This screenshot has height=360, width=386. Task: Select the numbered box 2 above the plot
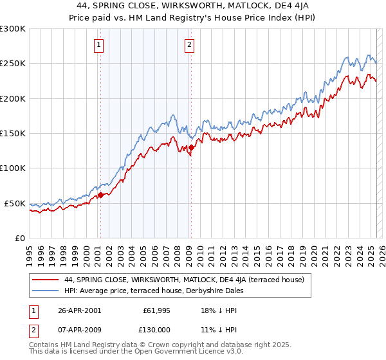click(x=190, y=45)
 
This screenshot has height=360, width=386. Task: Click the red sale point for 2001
click(x=100, y=194)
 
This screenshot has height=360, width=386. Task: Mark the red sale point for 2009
click(x=191, y=148)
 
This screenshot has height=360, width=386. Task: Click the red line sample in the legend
click(x=45, y=280)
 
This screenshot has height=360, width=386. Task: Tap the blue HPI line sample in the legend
click(x=45, y=291)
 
